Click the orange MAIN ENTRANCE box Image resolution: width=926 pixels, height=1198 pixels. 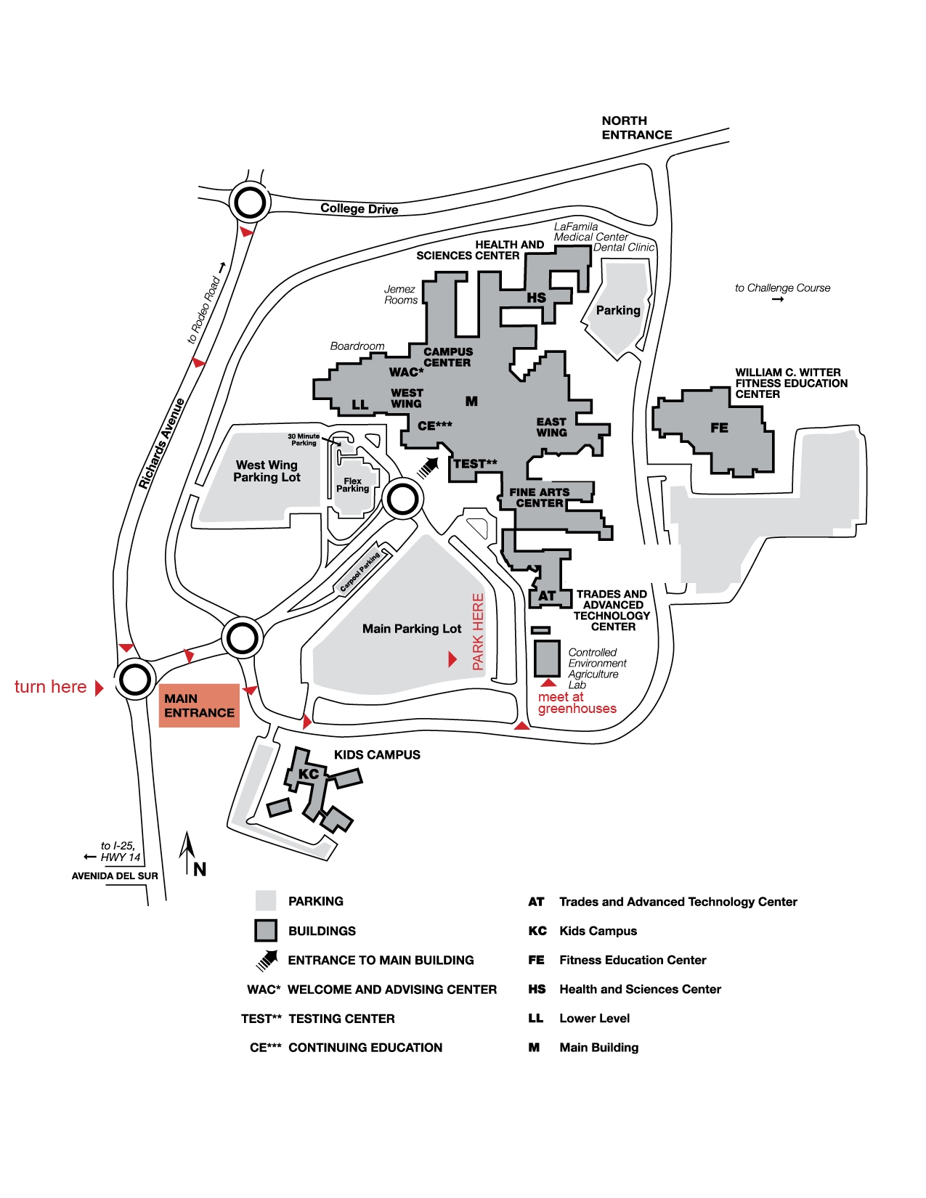(199, 705)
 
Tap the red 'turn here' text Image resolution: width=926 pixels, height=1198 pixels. (50, 686)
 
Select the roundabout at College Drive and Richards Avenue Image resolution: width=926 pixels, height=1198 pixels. (250, 203)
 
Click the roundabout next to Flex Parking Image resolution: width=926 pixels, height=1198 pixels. (402, 500)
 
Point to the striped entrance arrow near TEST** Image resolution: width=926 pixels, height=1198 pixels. (428, 468)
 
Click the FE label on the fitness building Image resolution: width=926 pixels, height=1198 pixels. (719, 428)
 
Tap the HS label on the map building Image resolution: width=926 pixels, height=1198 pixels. (536, 298)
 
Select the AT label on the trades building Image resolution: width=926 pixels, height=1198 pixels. (547, 596)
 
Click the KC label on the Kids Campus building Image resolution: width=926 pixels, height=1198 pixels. (308, 774)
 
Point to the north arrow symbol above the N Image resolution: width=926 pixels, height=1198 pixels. (187, 852)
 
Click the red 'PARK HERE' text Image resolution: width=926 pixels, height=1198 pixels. (478, 632)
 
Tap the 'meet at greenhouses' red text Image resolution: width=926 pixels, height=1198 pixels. (577, 703)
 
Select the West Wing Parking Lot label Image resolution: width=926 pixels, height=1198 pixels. (267, 471)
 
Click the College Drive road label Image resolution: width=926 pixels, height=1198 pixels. (359, 208)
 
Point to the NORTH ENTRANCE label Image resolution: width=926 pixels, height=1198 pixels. (636, 127)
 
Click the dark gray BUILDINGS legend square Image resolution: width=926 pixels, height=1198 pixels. (265, 931)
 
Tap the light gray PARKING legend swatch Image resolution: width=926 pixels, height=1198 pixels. (265, 900)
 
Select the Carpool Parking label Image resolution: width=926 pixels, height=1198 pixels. (360, 572)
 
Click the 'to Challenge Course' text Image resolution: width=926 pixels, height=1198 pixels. (782, 288)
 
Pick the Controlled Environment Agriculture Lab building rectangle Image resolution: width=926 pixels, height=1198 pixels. (547, 659)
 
